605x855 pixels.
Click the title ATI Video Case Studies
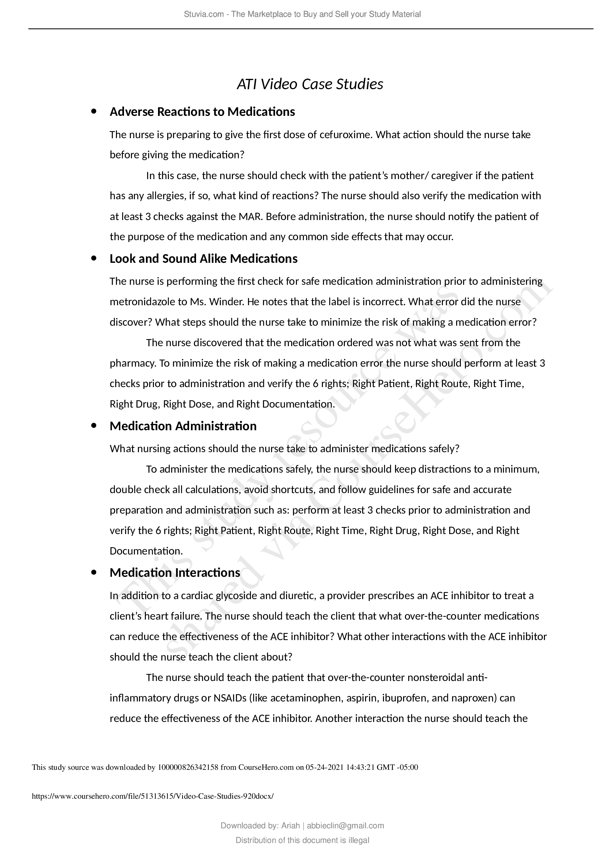[310, 84]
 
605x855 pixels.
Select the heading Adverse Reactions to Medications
[202, 112]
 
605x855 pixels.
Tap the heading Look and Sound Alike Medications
[203, 258]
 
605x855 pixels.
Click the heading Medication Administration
[183, 426]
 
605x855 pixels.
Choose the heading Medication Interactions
[175, 572]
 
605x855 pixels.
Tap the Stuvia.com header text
[302, 14]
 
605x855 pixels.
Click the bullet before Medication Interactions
[94, 572]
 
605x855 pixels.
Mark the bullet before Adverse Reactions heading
[94, 111]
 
